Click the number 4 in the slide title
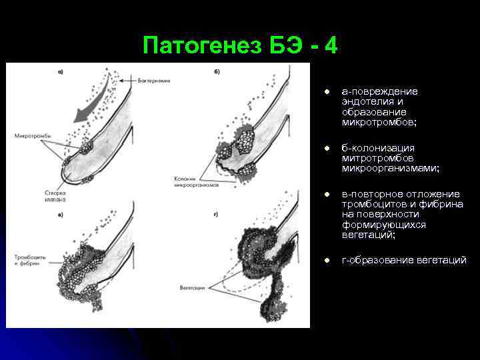click(329, 47)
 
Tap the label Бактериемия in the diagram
click(155, 80)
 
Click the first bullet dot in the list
click(328, 91)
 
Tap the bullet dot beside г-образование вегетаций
click(328, 260)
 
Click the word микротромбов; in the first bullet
click(378, 123)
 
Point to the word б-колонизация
click(378, 147)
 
